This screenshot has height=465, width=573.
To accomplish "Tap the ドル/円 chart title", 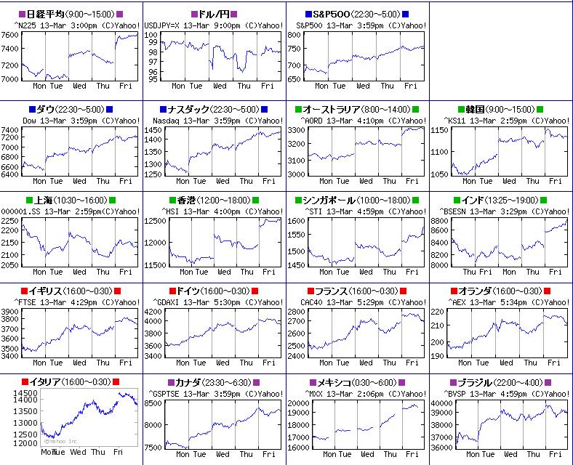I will coord(214,14).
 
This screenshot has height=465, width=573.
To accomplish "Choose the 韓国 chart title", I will coord(498,109).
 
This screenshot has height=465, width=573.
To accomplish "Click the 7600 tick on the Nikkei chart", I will coord(10,35).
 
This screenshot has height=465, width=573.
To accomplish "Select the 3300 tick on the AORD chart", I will coord(296,130).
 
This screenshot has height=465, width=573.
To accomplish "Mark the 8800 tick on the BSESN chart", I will coord(439,221).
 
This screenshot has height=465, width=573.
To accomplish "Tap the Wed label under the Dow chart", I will coord(79,181).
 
